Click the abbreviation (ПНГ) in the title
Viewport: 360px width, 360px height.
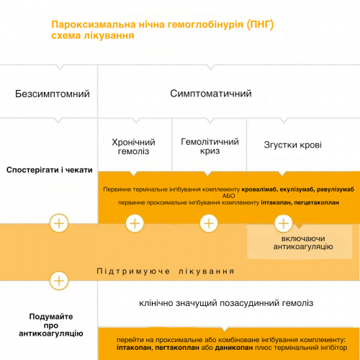261,24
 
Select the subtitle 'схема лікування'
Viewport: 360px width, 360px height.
93,36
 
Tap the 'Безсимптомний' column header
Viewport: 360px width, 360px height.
53,94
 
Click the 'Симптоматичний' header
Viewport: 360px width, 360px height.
211,94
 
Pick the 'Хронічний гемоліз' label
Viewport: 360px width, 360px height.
133,147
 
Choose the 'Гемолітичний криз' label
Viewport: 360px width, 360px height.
210,146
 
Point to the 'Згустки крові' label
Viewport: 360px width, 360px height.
292,145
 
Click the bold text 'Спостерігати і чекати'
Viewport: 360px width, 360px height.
50,170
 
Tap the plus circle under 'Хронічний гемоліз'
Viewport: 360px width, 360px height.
135,223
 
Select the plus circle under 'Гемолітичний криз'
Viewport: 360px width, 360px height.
209,223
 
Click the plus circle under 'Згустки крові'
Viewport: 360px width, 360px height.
283,223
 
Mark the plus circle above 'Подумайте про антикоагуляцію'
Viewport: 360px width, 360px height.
59,281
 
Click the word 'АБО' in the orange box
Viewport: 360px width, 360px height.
228,196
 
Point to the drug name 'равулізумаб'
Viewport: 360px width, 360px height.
336,189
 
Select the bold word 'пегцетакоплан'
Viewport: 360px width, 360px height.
316,202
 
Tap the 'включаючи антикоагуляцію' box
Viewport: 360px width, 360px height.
300,242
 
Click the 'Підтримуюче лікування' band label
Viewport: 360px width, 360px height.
166,271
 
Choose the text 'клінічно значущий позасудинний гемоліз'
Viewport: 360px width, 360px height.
226,303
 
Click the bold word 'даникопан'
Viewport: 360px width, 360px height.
234,348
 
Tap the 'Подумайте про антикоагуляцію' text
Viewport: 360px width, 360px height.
51,325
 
